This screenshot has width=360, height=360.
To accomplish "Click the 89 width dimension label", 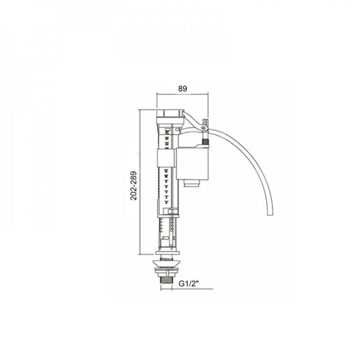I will click(183, 89).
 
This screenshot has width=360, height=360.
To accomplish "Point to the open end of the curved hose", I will click(269, 215).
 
